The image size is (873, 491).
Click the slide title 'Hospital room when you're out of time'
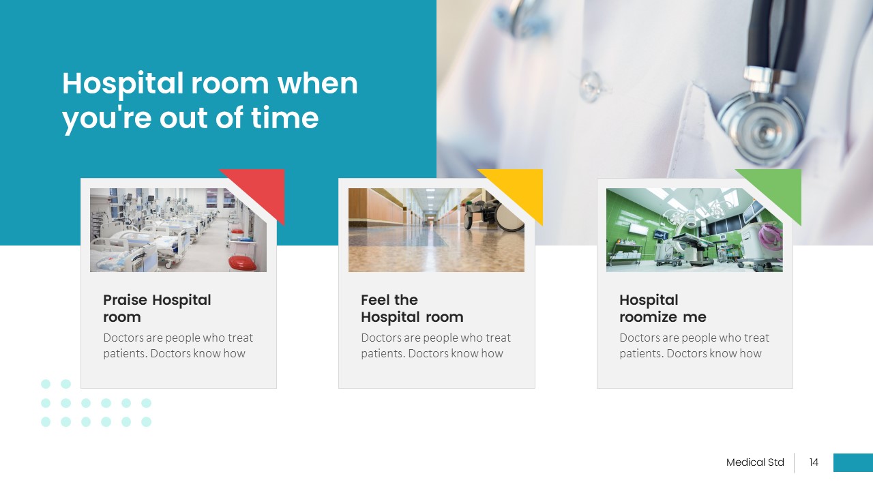click(x=209, y=100)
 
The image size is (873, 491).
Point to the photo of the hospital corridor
click(x=423, y=230)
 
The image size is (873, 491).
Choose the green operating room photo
click(x=682, y=230)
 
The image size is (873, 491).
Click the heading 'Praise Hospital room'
click(x=157, y=308)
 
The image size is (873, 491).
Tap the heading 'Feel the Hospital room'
click(x=412, y=308)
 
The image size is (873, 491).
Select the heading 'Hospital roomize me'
click(x=662, y=308)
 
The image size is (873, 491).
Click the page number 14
click(x=814, y=462)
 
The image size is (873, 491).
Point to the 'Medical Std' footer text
click(x=755, y=462)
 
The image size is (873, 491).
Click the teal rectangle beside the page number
click(x=853, y=462)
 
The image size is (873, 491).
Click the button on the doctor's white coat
click(x=591, y=85)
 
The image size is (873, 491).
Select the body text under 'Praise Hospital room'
click(x=177, y=346)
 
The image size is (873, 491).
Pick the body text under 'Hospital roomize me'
click(x=694, y=346)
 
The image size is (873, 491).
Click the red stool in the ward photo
click(x=242, y=262)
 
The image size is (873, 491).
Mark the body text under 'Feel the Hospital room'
click(x=435, y=346)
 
